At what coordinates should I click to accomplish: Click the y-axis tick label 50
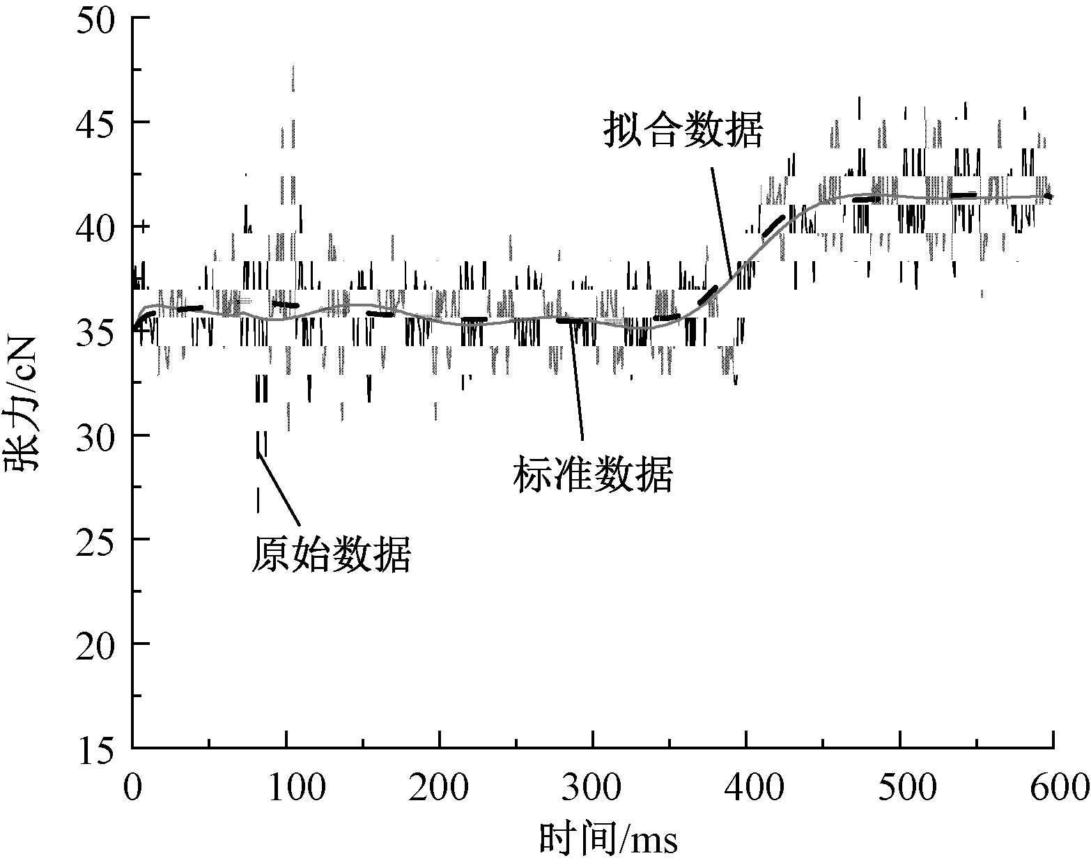[x=100, y=19]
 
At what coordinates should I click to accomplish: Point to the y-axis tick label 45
[x=100, y=123]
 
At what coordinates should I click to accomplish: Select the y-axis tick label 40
[x=100, y=227]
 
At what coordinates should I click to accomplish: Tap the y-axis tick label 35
[x=100, y=332]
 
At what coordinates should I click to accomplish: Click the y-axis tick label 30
[x=100, y=436]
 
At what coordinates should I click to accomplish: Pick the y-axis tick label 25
[x=100, y=540]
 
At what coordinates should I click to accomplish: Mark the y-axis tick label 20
[x=100, y=644]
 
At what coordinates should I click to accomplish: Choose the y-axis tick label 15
[x=100, y=749]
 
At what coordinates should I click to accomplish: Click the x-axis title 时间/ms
[x=609, y=836]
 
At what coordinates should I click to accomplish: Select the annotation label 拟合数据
[x=683, y=130]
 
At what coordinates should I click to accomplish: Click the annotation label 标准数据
[x=593, y=476]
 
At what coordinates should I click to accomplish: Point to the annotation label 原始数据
[x=331, y=555]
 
